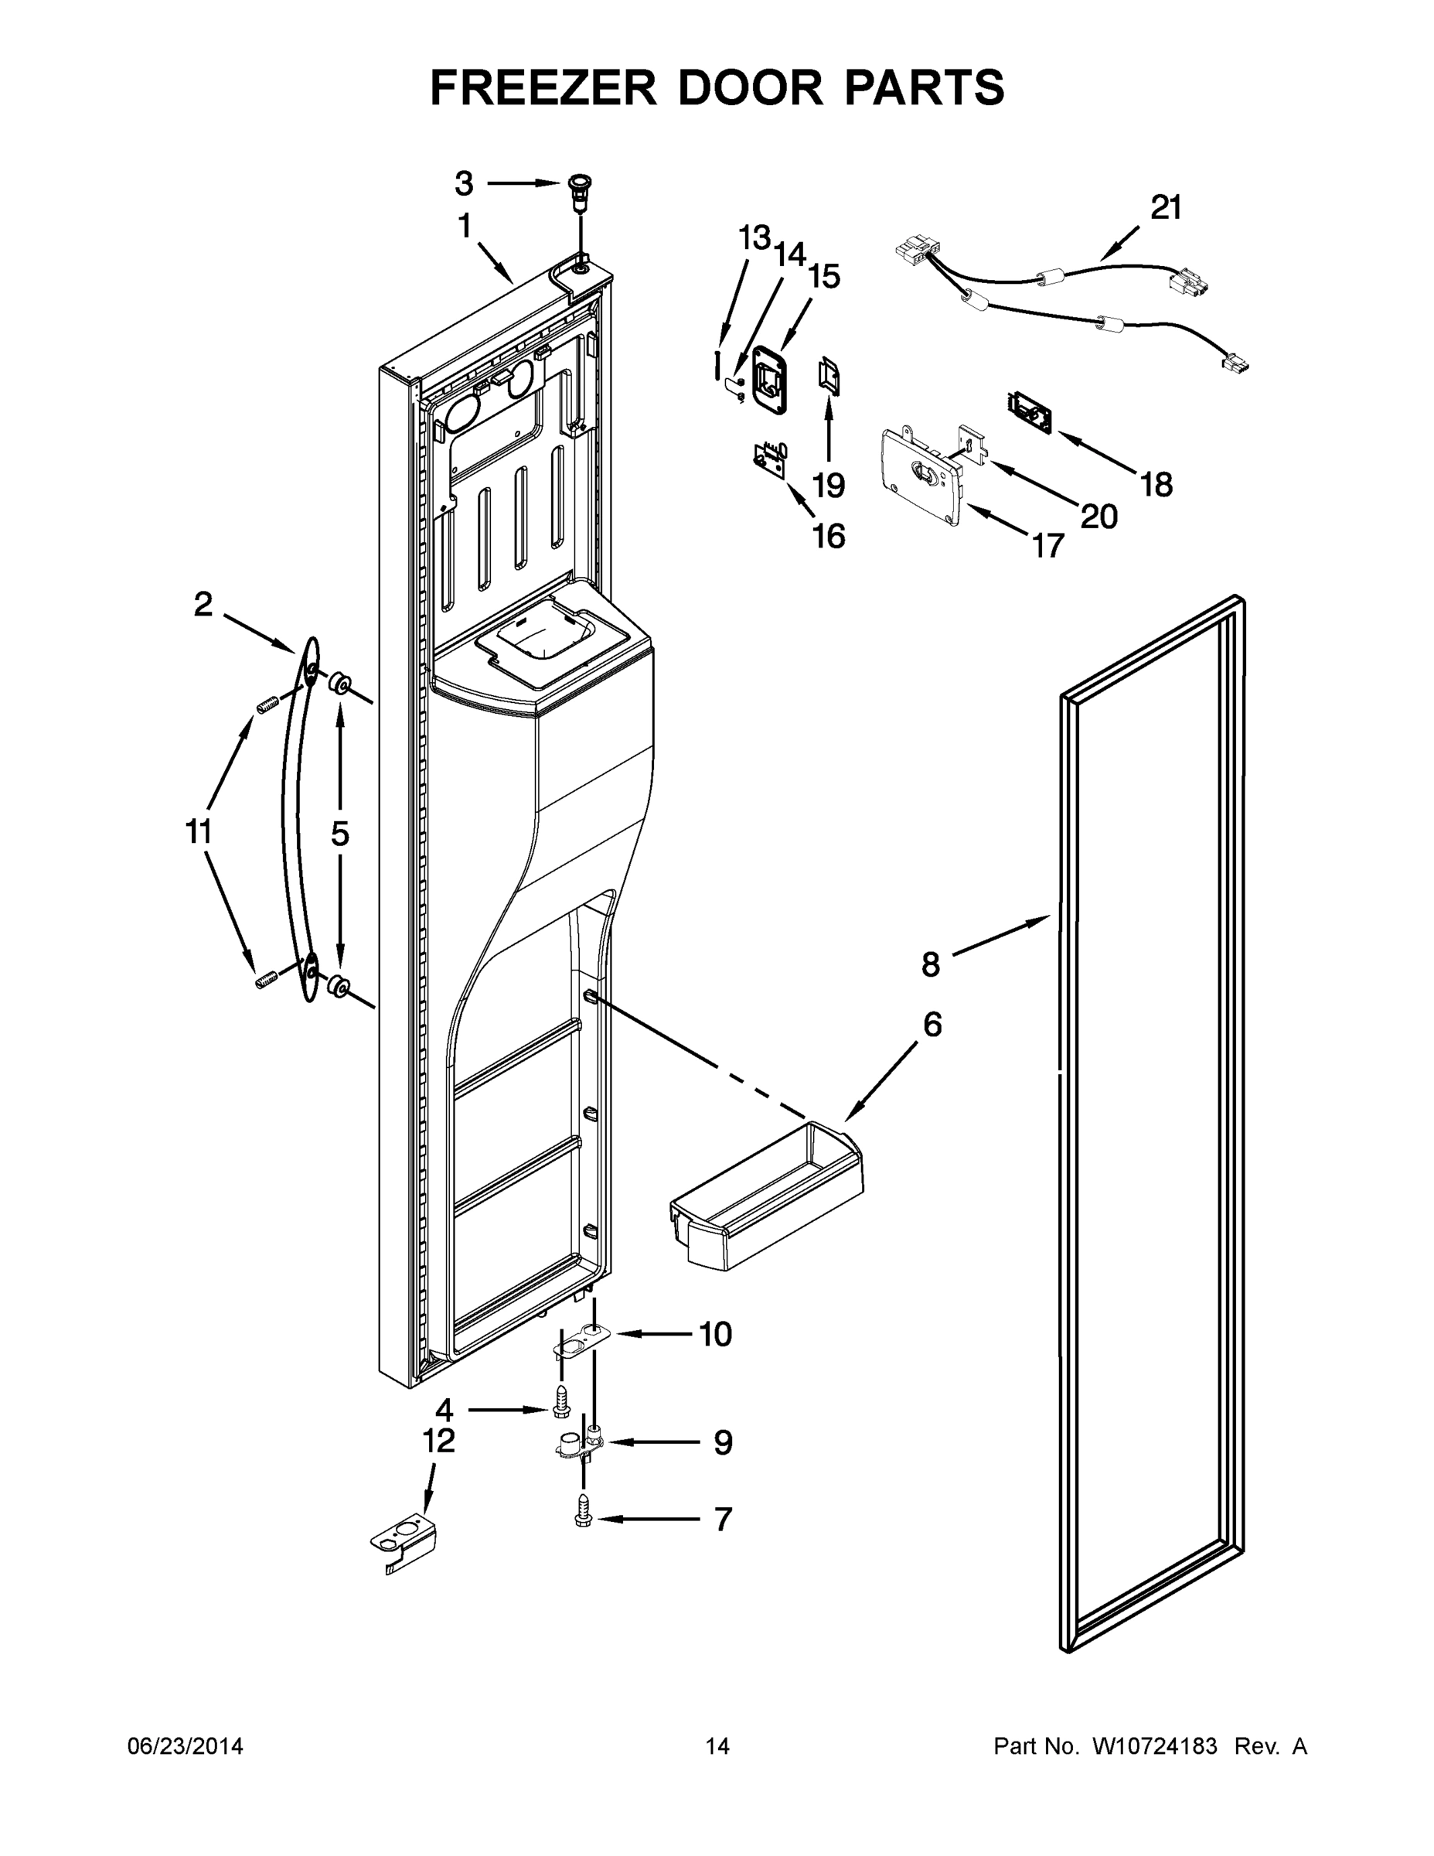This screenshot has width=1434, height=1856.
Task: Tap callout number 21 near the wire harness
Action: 1167,207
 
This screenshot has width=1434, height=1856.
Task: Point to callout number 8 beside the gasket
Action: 931,964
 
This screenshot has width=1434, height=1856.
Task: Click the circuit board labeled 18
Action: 1030,411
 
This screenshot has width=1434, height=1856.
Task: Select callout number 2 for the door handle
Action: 203,605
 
